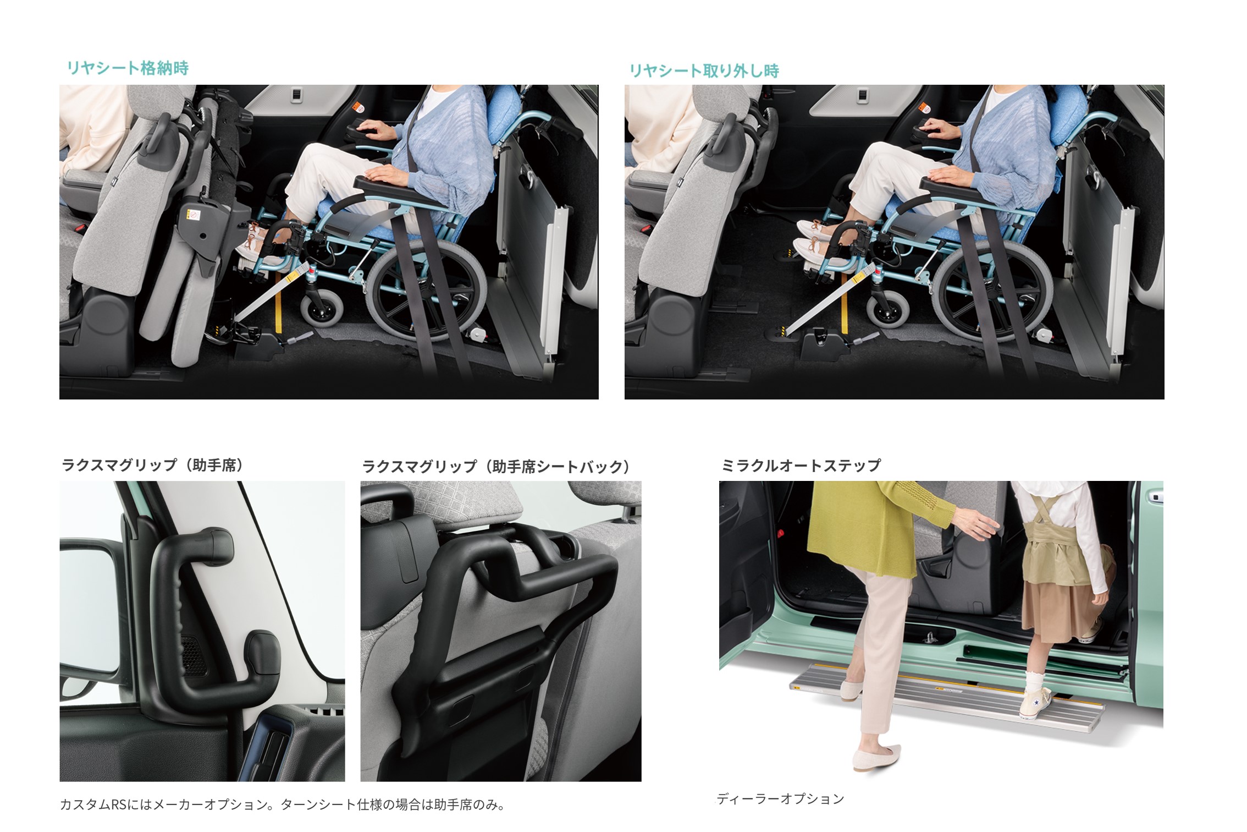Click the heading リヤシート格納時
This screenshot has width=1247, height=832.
coord(128,68)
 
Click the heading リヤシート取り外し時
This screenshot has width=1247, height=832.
coord(704,71)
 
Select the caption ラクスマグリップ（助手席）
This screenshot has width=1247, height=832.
coord(152,466)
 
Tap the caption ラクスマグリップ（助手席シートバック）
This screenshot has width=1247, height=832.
coord(496,467)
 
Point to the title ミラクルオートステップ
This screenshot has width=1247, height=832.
coord(801,466)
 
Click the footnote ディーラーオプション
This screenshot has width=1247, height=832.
coord(780,799)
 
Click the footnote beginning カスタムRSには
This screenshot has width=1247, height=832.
coord(283,805)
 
